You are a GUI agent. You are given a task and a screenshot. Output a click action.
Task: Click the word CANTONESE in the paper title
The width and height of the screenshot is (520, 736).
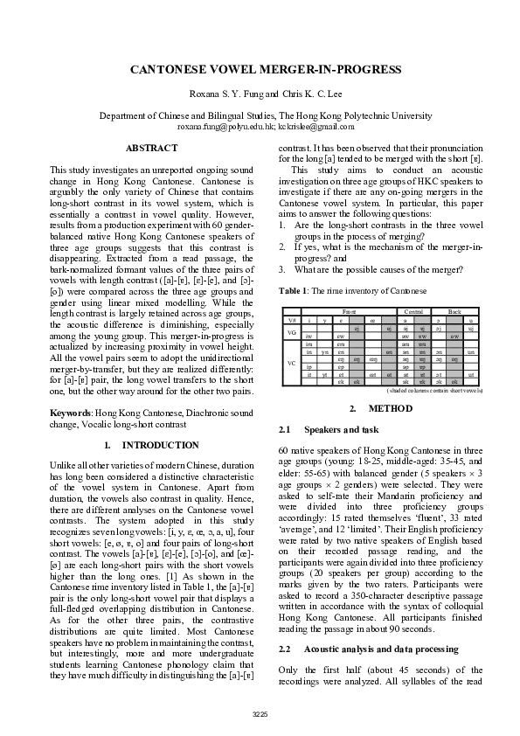point(171,69)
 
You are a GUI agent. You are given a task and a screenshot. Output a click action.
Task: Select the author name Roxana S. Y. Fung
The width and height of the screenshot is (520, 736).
point(225,94)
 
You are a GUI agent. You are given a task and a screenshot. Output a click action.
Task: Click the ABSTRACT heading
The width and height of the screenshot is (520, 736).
point(154,149)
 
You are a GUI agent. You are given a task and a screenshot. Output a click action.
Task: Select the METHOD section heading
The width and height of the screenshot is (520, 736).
point(388,408)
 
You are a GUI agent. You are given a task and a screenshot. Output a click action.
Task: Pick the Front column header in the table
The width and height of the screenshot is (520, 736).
point(349,311)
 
